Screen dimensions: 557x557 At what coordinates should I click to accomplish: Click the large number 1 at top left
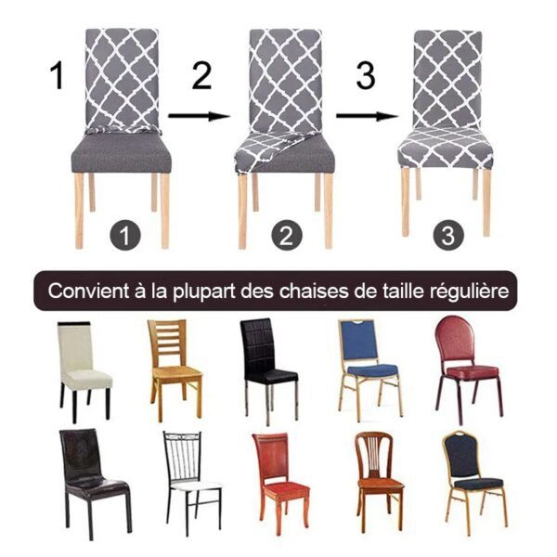click(58, 76)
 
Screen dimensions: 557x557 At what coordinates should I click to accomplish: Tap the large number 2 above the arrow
click(201, 77)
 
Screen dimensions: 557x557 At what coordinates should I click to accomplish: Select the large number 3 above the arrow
click(365, 77)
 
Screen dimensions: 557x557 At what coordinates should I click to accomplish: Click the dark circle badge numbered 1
click(124, 235)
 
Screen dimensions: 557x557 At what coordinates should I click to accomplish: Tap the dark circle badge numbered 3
click(449, 235)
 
